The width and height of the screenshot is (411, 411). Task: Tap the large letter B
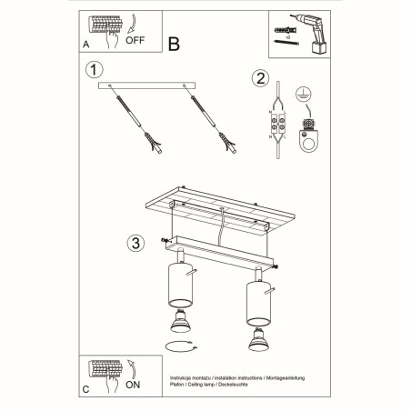click(x=175, y=42)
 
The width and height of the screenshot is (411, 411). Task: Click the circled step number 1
click(x=91, y=70)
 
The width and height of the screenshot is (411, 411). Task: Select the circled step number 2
click(x=260, y=77)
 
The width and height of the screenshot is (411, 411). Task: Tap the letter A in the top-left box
click(x=85, y=43)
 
